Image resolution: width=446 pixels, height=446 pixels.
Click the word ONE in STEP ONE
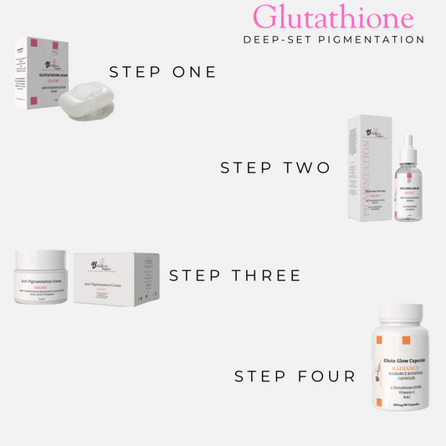pos(189,72)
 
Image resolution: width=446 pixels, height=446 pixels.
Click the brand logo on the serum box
pos(368,131)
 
